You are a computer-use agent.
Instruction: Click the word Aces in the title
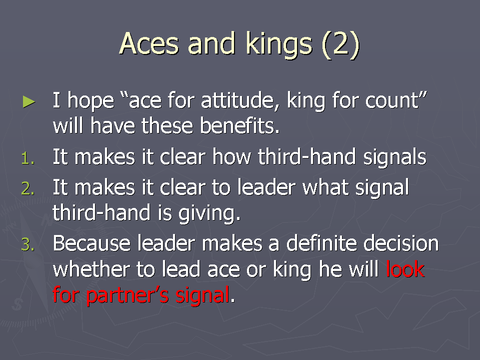(x=149, y=43)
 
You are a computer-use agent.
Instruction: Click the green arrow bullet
(x=29, y=102)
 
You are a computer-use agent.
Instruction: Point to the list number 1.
(x=28, y=158)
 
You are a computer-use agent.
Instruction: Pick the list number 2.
(x=28, y=188)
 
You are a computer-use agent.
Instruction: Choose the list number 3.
(x=28, y=245)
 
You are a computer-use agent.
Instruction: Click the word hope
(x=90, y=100)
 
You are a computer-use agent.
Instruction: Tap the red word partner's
(x=127, y=295)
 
